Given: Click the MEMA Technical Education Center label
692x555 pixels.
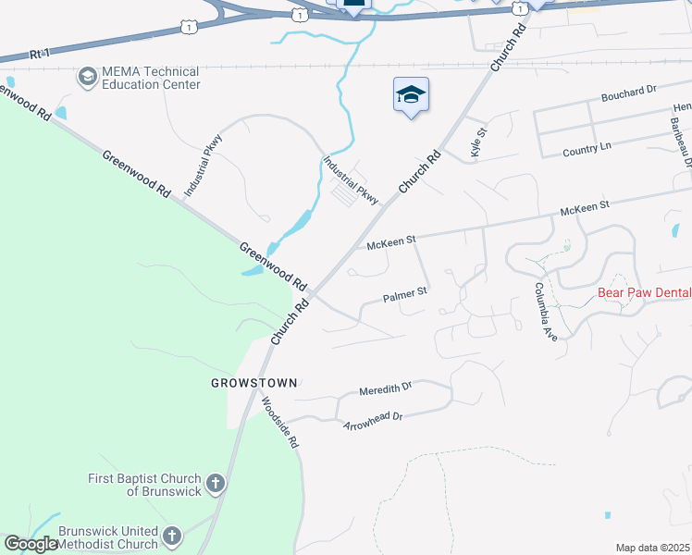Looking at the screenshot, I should (x=151, y=78).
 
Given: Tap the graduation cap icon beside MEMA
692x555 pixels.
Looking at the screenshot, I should (x=88, y=76).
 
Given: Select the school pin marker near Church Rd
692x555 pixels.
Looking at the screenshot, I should (x=411, y=96).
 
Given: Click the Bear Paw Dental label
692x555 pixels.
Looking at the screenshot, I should (x=644, y=292).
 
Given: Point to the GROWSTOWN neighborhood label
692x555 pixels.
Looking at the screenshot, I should (x=254, y=382).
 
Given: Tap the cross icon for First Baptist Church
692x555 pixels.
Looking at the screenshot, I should (x=215, y=484).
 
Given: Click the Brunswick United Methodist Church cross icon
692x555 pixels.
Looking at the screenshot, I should (x=172, y=536).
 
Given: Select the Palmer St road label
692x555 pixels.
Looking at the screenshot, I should (x=405, y=296).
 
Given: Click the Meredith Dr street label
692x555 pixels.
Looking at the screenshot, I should (x=385, y=389).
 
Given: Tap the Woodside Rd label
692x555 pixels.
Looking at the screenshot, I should (x=279, y=423).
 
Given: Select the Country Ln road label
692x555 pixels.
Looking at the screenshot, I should (x=587, y=148).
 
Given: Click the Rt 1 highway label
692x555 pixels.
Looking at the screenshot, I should (x=38, y=55).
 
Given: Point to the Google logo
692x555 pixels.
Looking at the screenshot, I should (x=31, y=544).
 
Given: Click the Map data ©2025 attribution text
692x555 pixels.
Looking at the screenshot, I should (x=652, y=548).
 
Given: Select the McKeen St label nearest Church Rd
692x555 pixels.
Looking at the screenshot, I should (x=391, y=242).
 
